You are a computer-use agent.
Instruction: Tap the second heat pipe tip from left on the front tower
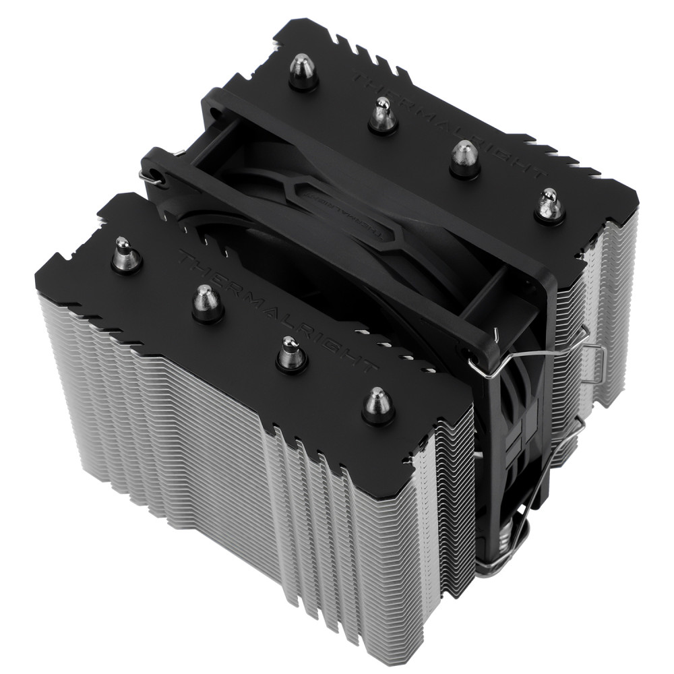point(207,303)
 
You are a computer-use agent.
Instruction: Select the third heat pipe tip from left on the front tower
point(291,352)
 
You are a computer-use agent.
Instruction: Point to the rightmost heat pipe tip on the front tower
point(377,404)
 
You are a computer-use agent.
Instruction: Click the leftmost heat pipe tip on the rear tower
point(303,71)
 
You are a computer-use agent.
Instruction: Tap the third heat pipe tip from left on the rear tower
point(464,158)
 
